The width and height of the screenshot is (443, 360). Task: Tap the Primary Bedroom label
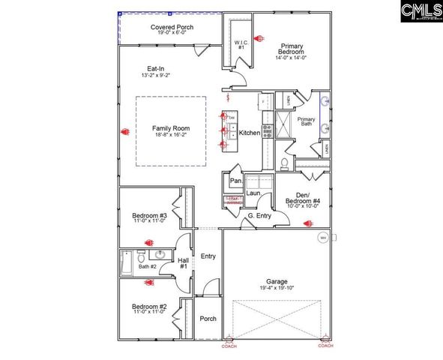291,49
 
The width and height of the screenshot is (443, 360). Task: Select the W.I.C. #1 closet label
241,44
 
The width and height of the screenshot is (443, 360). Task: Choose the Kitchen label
250,133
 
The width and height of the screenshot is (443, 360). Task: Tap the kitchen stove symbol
267,132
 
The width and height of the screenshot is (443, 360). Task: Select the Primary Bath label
306,122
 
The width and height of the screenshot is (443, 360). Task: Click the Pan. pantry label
235,181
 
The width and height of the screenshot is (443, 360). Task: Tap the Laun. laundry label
253,193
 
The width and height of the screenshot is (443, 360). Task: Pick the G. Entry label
259,216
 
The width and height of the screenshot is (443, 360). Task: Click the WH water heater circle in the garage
323,238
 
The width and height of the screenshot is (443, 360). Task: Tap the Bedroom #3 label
148,214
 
